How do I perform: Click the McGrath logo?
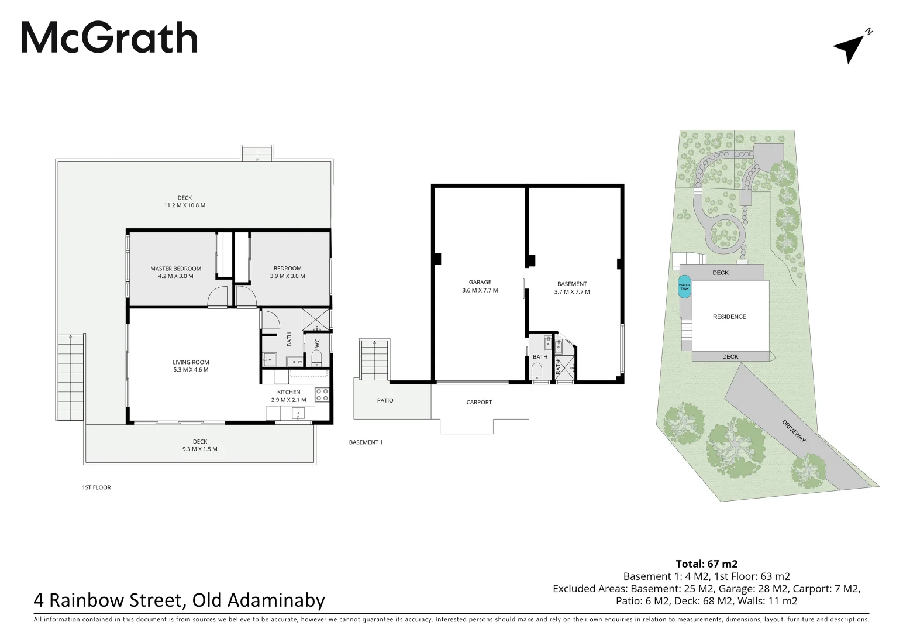(109, 37)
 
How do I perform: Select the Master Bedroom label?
(176, 269)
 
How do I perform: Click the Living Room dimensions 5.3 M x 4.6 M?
(191, 370)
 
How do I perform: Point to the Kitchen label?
(289, 392)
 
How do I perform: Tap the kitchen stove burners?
(322, 395)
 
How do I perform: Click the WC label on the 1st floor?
(317, 344)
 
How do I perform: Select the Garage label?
(480, 282)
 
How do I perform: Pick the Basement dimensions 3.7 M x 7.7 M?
(572, 292)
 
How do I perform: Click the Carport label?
(480, 402)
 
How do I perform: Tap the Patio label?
(385, 400)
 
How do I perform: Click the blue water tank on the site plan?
(684, 287)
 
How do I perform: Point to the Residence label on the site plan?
(730, 317)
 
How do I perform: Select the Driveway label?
(794, 431)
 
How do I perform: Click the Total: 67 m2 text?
(706, 564)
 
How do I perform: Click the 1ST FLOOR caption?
(96, 487)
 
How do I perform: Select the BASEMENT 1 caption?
(366, 442)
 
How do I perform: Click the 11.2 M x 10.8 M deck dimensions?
(185, 205)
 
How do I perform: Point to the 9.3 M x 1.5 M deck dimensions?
(200, 449)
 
